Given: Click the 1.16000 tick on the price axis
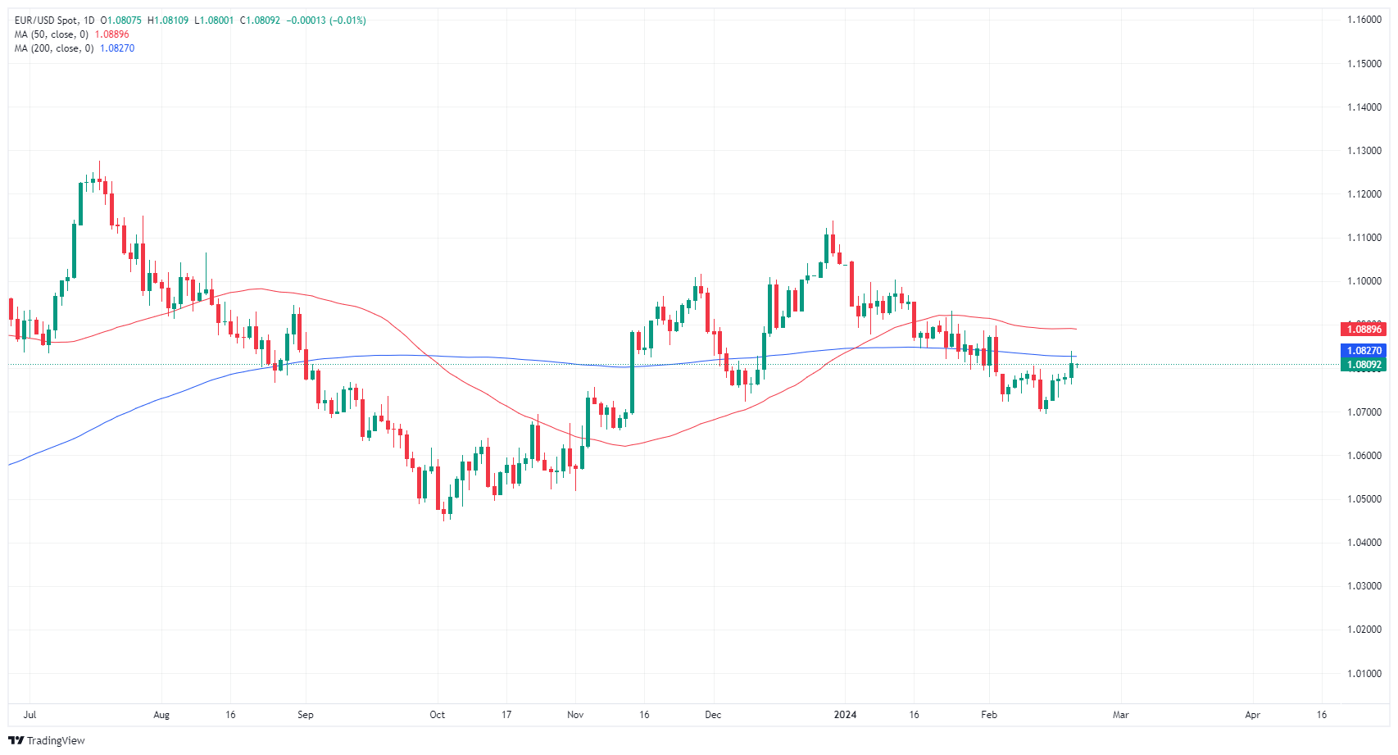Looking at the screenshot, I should point(1364,20).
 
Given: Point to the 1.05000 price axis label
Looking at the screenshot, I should point(1364,499).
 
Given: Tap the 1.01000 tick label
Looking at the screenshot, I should point(1364,674).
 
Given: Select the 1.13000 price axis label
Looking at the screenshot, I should point(1364,151).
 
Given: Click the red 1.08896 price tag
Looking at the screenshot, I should point(1364,330).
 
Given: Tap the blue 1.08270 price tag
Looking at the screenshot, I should point(1364,351).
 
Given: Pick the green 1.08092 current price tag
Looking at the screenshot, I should point(1364,365).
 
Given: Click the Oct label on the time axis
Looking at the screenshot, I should point(438,715).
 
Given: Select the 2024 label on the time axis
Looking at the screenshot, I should point(845,715).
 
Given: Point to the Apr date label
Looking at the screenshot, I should point(1252,715).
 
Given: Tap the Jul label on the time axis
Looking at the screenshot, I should point(30,715).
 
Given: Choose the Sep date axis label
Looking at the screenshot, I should point(306,715).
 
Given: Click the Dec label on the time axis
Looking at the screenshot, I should point(713,715).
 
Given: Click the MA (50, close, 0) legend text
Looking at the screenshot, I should point(52,34).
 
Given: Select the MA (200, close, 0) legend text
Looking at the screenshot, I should point(54,48).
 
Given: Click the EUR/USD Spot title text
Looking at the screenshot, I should point(47,20).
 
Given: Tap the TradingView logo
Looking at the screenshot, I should point(47,740).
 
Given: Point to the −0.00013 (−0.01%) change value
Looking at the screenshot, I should point(326,20).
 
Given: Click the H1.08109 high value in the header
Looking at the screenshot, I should point(167,20).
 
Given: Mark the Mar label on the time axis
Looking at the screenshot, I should point(1120,715).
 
